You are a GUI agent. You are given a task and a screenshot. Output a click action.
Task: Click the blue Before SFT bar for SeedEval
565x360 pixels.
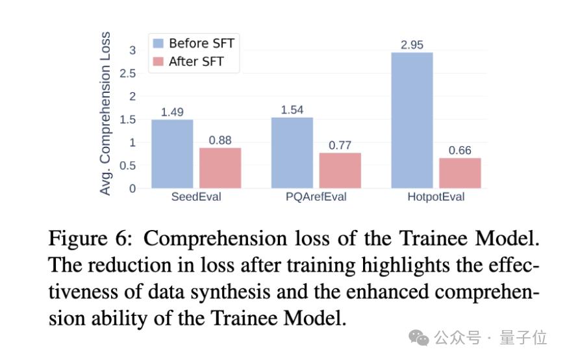172,154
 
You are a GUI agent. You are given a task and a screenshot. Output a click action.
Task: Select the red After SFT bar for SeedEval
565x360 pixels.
220,168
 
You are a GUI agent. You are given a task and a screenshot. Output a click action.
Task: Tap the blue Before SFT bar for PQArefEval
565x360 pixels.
292,153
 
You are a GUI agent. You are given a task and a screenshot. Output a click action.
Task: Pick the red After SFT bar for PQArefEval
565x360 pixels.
340,170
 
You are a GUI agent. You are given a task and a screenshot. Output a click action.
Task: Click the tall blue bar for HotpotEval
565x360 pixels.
412,120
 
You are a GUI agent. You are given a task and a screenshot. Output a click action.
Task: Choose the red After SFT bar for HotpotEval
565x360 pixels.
460,173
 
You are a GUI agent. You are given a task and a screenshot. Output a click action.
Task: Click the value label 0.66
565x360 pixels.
460,150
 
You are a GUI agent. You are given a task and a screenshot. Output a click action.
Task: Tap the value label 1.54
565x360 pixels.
292,109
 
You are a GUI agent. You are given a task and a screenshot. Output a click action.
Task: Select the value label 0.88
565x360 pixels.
220,140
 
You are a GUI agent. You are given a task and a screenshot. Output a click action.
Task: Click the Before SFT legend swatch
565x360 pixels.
158,44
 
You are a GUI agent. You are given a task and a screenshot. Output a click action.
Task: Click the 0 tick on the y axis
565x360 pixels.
132,188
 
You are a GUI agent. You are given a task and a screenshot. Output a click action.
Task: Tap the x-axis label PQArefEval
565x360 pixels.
316,197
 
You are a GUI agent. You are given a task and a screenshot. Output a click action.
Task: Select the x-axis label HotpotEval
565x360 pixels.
436,197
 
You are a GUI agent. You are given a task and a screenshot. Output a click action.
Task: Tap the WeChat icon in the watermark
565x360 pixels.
418,337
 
